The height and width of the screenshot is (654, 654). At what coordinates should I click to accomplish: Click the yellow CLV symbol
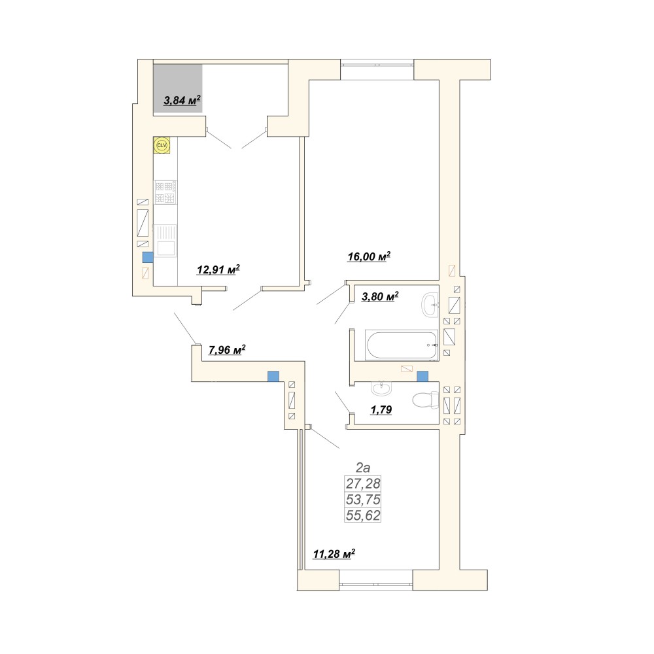click(162, 145)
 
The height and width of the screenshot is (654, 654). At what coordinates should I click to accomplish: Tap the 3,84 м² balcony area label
click(182, 100)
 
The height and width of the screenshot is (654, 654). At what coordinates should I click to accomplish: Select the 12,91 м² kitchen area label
click(218, 269)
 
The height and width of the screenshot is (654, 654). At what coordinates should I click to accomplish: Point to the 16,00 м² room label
click(369, 256)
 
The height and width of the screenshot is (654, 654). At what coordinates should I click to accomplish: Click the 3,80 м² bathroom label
click(380, 296)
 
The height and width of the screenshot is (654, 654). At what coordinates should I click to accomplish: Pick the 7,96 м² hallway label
click(227, 349)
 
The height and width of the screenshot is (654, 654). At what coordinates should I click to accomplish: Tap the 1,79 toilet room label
click(381, 409)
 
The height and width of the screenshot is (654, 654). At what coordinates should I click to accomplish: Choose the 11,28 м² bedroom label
click(334, 554)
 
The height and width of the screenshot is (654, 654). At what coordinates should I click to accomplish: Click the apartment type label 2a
click(363, 467)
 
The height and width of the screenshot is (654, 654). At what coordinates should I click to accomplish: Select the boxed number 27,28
click(363, 483)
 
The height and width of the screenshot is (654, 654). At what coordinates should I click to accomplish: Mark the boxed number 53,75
click(363, 499)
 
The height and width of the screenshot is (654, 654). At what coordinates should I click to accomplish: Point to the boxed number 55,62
click(363, 515)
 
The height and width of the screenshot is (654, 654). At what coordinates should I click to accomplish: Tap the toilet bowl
click(425, 400)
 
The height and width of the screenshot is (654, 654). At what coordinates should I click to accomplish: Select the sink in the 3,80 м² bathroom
click(430, 304)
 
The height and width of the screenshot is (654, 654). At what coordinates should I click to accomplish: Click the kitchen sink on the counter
click(165, 241)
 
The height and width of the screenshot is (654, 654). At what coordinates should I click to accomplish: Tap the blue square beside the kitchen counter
click(148, 257)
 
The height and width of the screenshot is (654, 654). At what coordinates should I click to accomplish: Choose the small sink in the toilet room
click(381, 388)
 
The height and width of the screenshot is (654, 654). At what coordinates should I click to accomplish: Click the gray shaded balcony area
click(178, 88)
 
